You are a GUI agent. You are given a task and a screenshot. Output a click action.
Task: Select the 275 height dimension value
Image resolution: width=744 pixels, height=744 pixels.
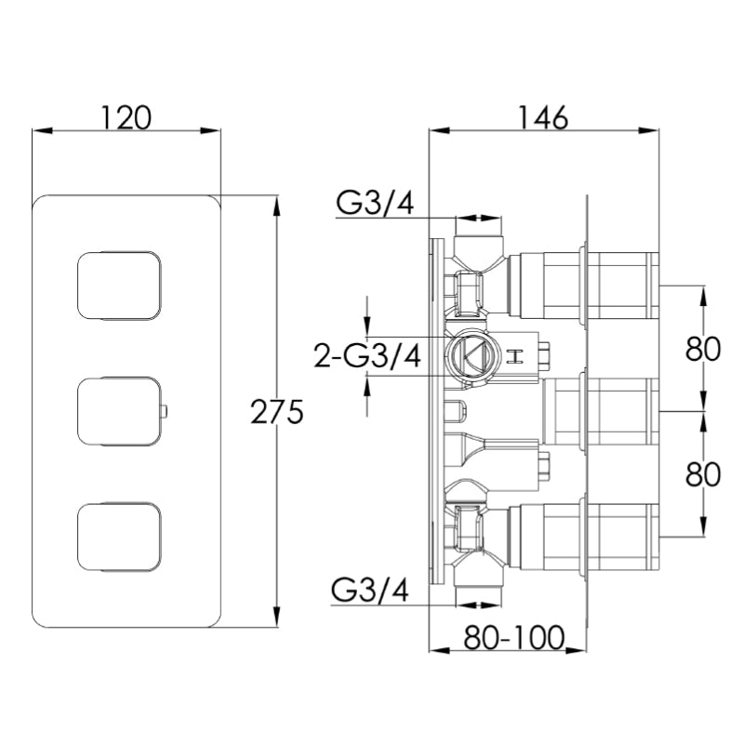276,411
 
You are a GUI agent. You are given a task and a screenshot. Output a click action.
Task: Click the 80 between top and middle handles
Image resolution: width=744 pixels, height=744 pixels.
703,349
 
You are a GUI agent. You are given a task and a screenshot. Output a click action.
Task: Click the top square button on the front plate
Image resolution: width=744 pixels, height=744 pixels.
119,286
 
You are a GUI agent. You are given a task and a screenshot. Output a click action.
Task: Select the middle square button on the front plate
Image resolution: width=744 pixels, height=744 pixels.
119,410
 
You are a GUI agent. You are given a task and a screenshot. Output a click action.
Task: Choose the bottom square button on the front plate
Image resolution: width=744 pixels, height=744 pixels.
119,535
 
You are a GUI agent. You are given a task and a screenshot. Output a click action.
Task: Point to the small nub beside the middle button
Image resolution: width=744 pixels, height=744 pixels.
164,410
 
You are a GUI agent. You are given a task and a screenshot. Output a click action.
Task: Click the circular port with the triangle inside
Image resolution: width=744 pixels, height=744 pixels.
471,354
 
